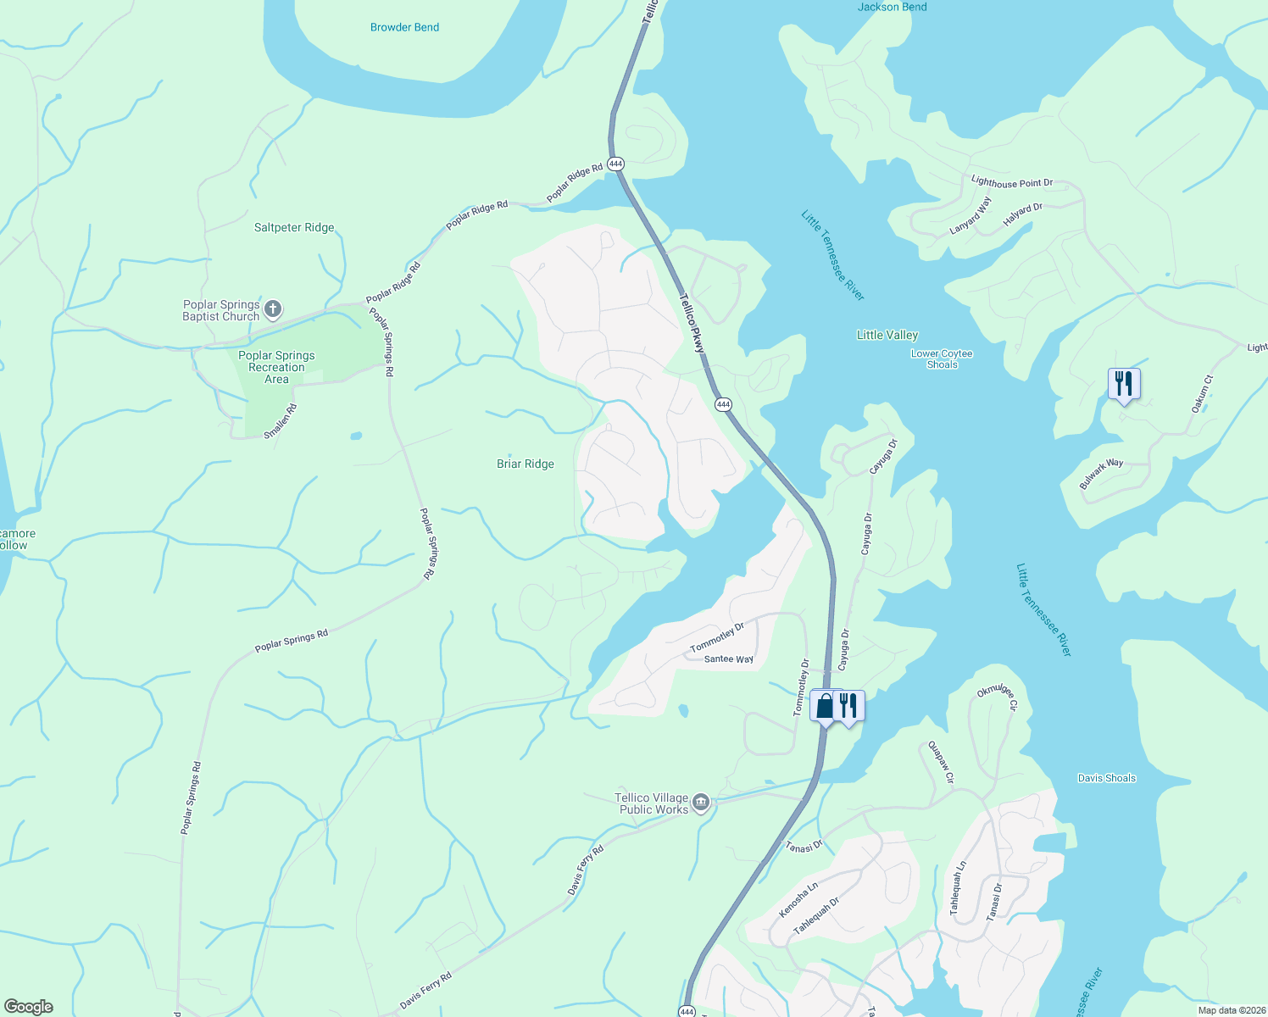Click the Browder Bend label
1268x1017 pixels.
[404, 27]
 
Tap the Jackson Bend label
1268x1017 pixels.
[892, 7]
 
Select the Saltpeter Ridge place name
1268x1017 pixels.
[294, 227]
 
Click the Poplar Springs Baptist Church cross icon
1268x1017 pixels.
[273, 309]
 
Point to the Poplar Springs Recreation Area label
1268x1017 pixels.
[276, 367]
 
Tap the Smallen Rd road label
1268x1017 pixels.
[281, 421]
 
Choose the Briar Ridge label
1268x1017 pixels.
[525, 464]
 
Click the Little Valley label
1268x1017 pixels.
[887, 335]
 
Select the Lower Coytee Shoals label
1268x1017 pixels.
[941, 359]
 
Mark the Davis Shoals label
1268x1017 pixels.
[1106, 778]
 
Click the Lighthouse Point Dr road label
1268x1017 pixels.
[1011, 182]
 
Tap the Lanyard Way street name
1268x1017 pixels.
[970, 216]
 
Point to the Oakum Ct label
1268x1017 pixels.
[1202, 394]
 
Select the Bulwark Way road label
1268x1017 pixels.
[1101, 474]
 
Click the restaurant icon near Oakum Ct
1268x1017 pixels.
[1124, 384]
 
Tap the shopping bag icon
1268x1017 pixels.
[825, 705]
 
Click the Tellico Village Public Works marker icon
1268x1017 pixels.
[701, 803]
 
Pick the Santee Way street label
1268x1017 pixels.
[728, 659]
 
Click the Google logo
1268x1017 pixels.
[29, 1006]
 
